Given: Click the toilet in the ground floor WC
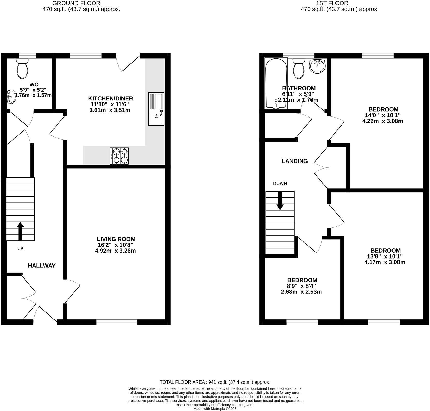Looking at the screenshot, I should [22, 69].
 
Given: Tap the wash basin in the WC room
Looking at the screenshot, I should [11, 97].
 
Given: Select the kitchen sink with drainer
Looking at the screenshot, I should [156, 109].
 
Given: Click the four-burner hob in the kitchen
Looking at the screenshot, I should [119, 156].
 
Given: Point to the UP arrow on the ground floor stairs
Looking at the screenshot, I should [20, 231].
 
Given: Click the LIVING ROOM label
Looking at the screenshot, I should [116, 239].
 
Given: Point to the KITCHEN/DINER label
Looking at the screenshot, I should [111, 99].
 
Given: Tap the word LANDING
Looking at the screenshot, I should [295, 161].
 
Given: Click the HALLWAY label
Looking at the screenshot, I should [42, 266].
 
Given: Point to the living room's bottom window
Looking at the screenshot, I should [117, 322].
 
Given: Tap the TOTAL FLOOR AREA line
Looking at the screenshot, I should [215, 382].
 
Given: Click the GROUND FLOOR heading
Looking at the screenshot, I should [76, 3].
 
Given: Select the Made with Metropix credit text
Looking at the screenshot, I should [215, 409].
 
